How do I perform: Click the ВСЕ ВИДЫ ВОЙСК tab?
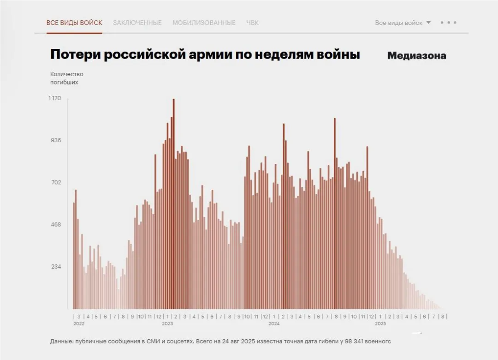coord(74,23)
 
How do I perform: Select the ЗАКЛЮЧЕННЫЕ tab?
coord(137,23)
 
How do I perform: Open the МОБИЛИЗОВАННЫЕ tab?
coord(204,23)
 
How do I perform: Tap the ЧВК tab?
coord(252,23)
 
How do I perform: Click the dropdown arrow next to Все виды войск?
coord(428,22)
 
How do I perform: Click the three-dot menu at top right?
coord(448,22)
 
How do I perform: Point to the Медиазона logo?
coord(416,56)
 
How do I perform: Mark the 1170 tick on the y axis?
coord(55,98)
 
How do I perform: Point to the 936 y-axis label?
coord(55,140)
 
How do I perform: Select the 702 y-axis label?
coord(55,183)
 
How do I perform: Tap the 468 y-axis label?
coord(55,225)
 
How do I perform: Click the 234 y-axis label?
coord(55,267)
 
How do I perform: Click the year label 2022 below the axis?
coord(79,324)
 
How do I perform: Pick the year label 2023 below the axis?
coord(167,324)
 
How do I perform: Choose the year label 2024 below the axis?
coord(274,324)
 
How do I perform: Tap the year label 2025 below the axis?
coord(380,324)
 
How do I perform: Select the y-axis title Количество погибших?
coord(67,78)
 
